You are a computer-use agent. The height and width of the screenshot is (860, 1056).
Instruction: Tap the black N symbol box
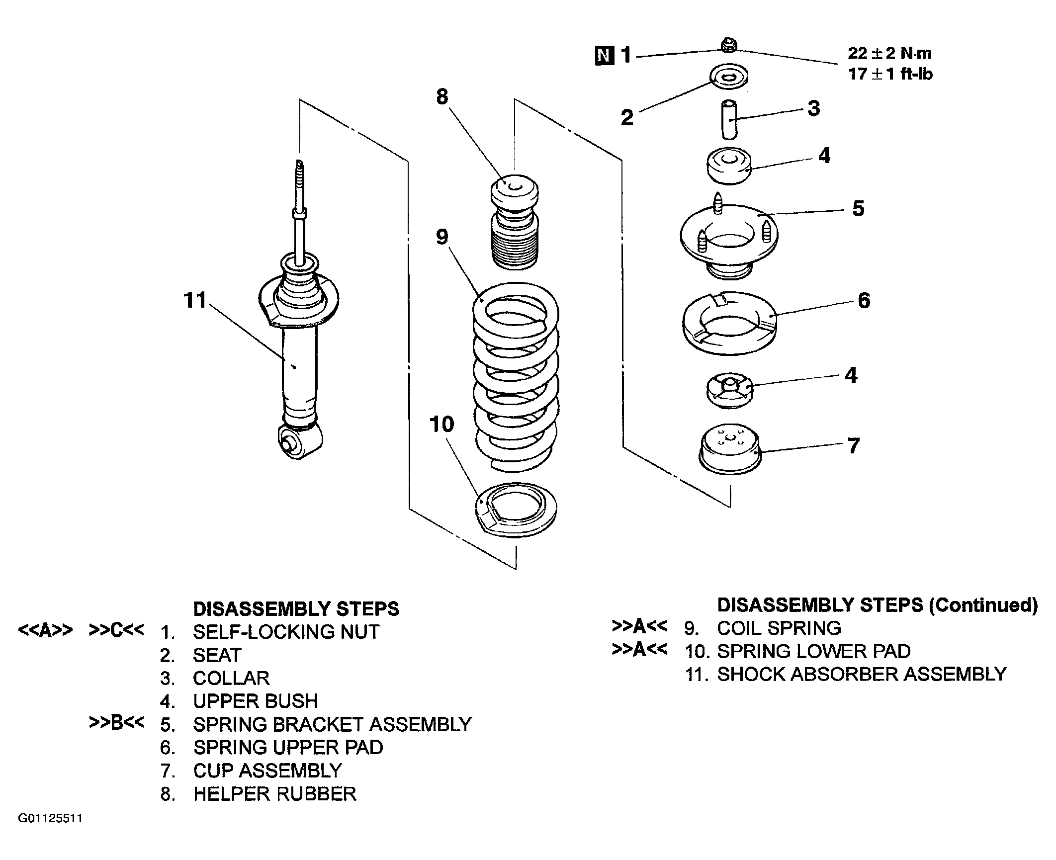pos(604,56)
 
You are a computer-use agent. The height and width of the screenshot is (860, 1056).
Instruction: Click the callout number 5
pos(858,208)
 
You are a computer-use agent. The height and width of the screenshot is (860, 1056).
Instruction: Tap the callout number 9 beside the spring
pos(442,237)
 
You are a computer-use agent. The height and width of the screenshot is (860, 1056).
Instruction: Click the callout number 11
pos(195,300)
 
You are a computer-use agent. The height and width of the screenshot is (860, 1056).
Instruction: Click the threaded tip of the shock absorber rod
pos(299,174)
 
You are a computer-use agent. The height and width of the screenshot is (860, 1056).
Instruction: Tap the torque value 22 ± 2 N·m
pos(890,53)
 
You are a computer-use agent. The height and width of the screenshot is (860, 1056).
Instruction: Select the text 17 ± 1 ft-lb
pos(890,75)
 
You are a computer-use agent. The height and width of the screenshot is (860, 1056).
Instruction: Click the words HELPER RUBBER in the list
pos(275,794)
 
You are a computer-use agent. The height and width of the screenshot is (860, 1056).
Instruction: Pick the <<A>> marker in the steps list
pos(45,630)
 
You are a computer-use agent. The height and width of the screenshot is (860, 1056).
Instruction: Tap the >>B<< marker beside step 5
pos(116,723)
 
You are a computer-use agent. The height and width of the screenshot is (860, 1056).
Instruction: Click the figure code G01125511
pos(50,833)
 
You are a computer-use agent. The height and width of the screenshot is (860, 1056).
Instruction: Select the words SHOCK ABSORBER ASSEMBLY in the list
pos(862,675)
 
